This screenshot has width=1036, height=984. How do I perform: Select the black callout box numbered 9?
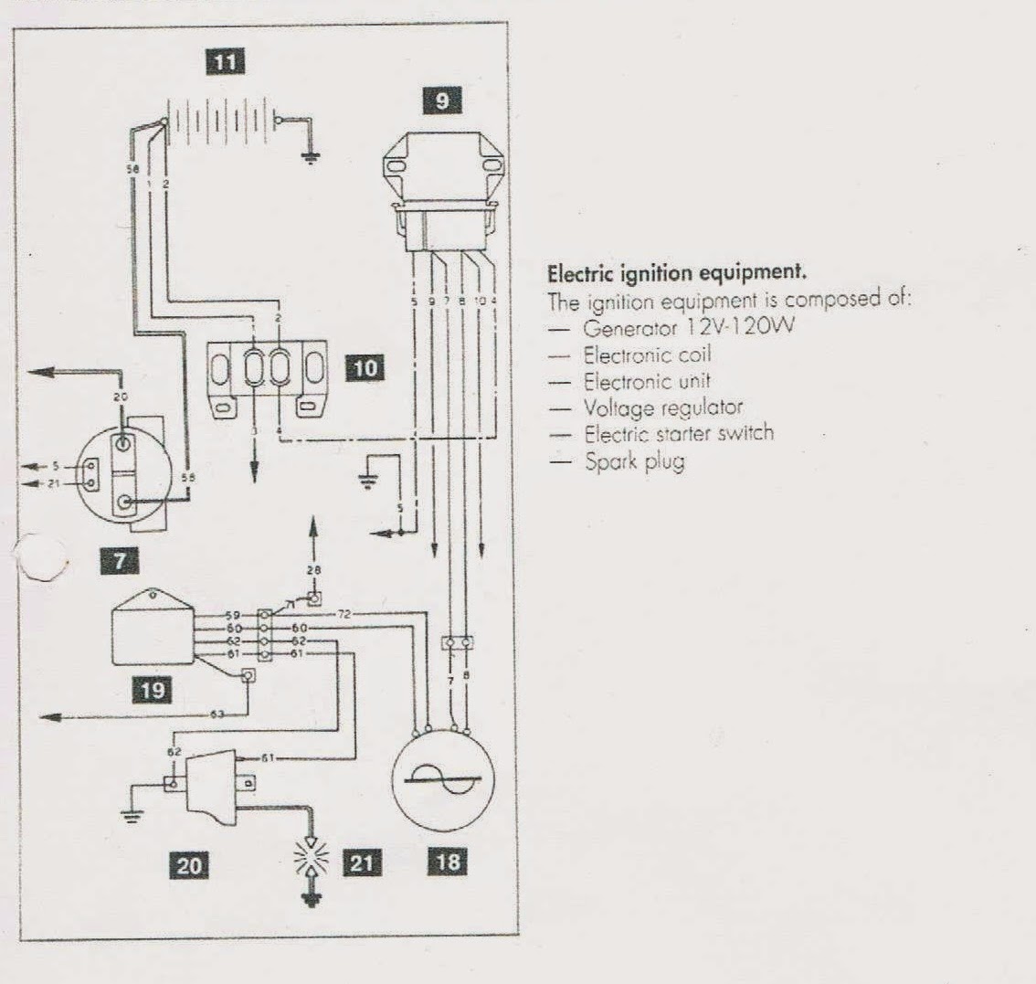pyautogui.click(x=443, y=100)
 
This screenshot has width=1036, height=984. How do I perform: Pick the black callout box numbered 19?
pyautogui.click(x=153, y=689)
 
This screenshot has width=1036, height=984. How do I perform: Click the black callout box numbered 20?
pyautogui.click(x=189, y=863)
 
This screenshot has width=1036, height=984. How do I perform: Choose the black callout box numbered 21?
pyautogui.click(x=363, y=862)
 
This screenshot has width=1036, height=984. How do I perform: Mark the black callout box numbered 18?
pyautogui.click(x=449, y=862)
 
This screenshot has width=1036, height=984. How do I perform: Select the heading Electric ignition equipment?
pyautogui.click(x=677, y=272)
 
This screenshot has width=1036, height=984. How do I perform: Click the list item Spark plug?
pyautogui.click(x=635, y=461)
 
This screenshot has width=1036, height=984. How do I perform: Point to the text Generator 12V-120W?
pyautogui.click(x=682, y=326)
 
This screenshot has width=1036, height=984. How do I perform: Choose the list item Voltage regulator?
pyautogui.click(x=663, y=407)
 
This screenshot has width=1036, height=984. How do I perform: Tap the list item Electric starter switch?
pyautogui.click(x=679, y=433)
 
